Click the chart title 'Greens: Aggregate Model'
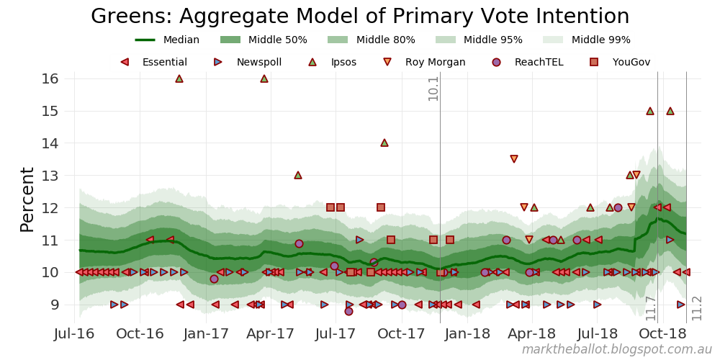coord(360,17)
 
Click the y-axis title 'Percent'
coord(27,199)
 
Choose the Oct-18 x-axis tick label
coord(663,333)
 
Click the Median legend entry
coord(168,40)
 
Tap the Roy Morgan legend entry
coord(426,63)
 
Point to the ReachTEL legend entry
coord(529,63)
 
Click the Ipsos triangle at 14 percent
coord(384,143)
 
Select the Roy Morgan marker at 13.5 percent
coord(514,159)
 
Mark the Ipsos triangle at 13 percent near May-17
coord(298,175)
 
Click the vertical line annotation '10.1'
coord(433,89)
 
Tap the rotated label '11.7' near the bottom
coord(651,307)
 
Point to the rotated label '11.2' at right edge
coord(697,307)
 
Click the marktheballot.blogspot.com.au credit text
coord(616,350)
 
